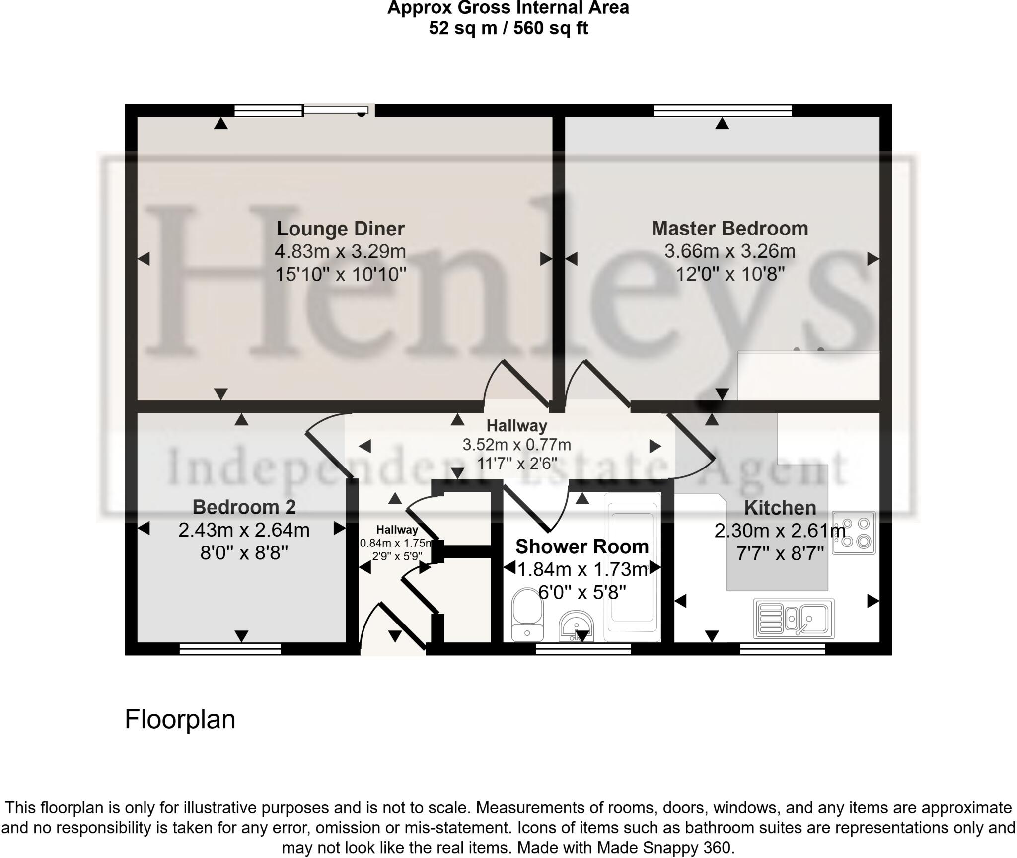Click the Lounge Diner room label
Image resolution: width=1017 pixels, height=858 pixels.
pos(341,229)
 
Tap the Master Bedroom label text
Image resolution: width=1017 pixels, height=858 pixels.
pos(729,229)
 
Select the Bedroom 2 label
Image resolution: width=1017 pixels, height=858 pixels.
pos(244,507)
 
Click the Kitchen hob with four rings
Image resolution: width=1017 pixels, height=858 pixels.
pos(854,533)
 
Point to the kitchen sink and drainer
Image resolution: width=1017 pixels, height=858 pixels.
pos(794,619)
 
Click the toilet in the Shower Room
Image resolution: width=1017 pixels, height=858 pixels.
pos(526,614)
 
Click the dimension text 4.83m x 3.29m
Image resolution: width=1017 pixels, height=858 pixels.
pos(340,251)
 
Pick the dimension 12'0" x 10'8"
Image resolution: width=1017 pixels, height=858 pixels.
pos(729,274)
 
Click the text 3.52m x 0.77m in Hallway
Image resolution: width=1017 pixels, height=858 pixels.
pos(516,445)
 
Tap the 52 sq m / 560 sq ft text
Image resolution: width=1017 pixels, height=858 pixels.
pos(508,28)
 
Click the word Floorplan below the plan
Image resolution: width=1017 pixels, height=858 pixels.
pos(180,719)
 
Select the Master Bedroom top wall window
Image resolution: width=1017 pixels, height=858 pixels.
pos(723,110)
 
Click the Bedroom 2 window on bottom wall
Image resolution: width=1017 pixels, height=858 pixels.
pos(230,648)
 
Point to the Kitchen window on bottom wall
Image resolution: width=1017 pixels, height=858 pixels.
pos(782,648)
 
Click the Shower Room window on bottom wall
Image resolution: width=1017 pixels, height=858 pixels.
pos(583,648)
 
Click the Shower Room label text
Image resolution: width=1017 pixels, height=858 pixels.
pos(582,547)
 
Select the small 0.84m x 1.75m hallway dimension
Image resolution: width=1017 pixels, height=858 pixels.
pos(397,543)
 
